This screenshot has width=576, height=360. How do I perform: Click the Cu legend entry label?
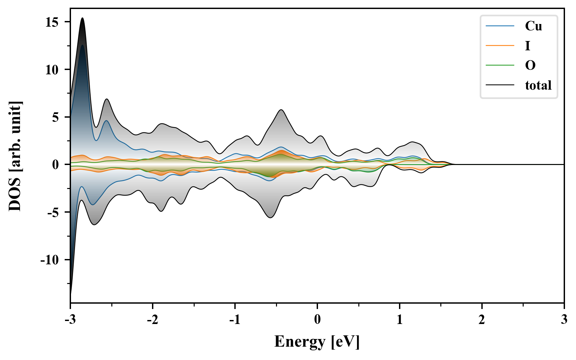[533, 26]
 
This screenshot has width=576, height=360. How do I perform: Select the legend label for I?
[527, 46]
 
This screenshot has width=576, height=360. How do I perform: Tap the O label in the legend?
[530, 65]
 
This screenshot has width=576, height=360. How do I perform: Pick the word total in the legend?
[538, 85]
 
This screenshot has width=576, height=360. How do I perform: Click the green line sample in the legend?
[500, 65]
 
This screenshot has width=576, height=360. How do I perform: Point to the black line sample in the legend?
[500, 85]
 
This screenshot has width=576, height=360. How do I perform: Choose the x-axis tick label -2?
[152, 320]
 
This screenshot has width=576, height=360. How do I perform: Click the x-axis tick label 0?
[317, 320]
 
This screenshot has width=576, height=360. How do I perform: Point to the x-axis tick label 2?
[482, 320]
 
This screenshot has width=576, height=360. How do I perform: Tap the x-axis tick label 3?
[564, 320]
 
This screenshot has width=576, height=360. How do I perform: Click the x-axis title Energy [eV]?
[317, 342]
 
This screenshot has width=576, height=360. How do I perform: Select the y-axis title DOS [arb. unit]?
[15, 156]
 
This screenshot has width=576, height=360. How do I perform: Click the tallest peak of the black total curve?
[82, 18]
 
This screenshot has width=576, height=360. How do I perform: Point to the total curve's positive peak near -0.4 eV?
[281, 110]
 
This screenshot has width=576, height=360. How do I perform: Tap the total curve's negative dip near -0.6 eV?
[270, 218]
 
